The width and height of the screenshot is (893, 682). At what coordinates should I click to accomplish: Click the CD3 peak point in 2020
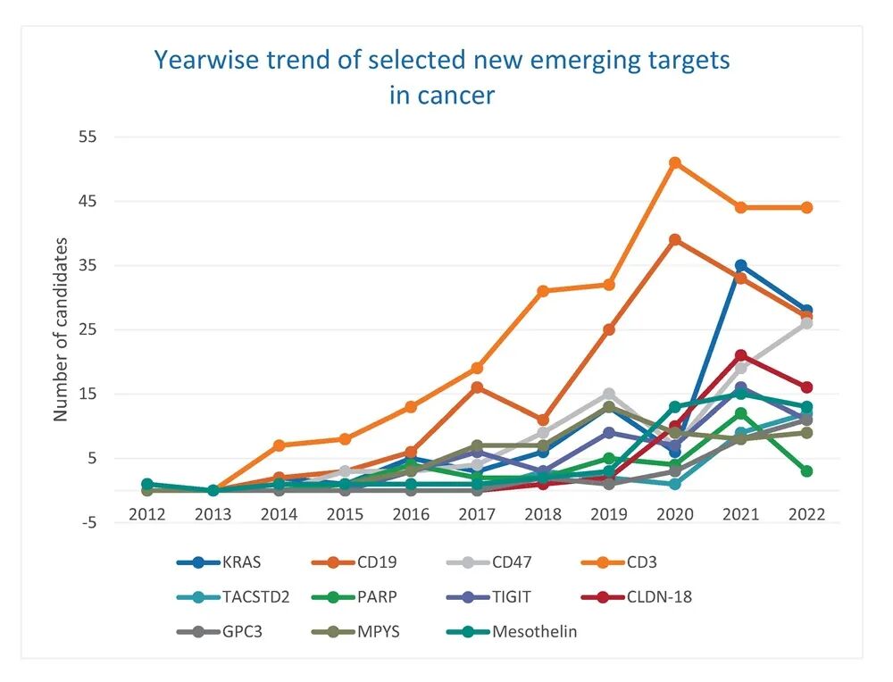click(675, 162)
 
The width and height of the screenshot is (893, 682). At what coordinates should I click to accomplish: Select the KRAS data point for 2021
click(741, 266)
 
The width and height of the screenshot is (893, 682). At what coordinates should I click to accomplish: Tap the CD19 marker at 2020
click(675, 239)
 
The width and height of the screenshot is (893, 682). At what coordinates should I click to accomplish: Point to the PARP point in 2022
click(806, 471)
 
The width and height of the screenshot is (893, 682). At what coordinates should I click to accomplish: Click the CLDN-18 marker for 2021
click(741, 356)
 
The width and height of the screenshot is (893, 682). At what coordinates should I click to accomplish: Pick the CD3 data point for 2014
click(279, 445)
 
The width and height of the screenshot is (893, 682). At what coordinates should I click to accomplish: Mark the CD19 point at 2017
click(477, 387)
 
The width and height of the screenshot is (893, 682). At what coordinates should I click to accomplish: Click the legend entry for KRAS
click(220, 562)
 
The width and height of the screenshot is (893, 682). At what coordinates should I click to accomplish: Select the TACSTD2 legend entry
click(233, 597)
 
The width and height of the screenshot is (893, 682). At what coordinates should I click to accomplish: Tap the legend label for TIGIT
click(512, 597)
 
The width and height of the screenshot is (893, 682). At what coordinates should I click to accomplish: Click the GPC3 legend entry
click(220, 632)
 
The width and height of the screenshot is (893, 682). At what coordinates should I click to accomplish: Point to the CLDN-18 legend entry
click(637, 597)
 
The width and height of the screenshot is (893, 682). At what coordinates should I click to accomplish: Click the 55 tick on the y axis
click(88, 137)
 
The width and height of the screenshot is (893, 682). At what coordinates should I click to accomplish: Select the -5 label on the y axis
click(88, 522)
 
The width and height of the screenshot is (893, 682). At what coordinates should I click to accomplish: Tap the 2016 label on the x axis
click(411, 515)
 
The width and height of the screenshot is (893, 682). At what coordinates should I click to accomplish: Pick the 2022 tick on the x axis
click(806, 515)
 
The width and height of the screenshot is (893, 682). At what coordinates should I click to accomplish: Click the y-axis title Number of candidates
click(61, 329)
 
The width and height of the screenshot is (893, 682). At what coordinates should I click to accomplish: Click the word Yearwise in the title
click(207, 60)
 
